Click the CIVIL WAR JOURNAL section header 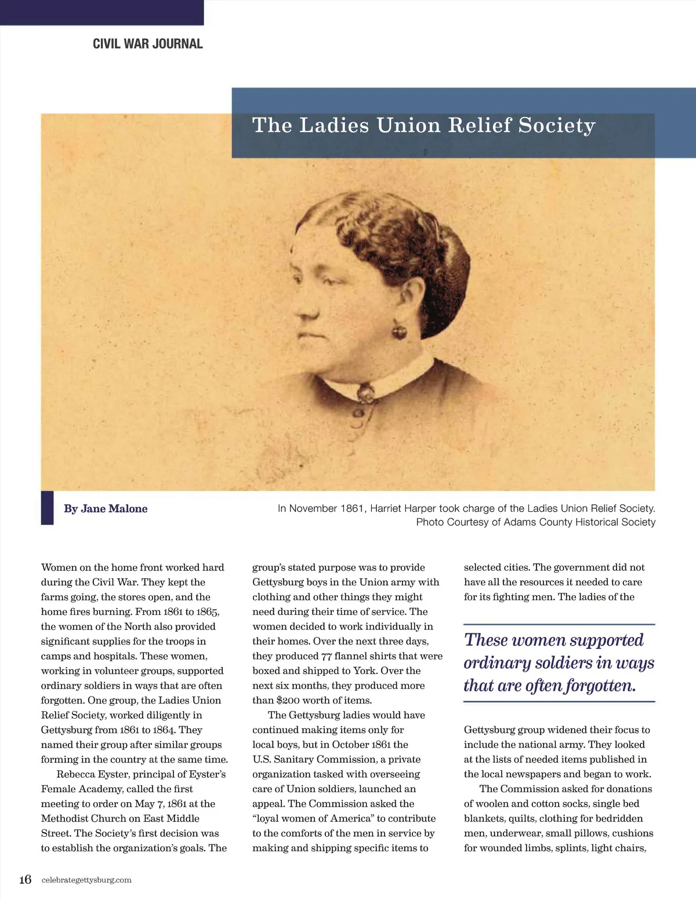[148, 44]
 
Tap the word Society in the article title [557, 125]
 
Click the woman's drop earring [399, 331]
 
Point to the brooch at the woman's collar [365, 394]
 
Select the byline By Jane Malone [106, 508]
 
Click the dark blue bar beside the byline [47, 508]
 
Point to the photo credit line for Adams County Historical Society [535, 522]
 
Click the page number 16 [25, 879]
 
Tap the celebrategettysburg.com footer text [86, 880]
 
